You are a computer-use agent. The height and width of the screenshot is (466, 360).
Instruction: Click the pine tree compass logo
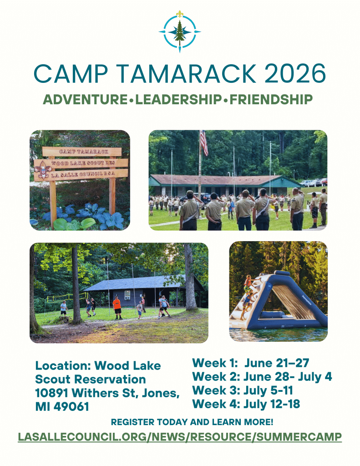click(180, 31)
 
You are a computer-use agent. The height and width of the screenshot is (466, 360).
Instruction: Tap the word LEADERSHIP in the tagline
click(178, 100)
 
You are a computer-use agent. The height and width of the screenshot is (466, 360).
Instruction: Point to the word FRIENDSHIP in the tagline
click(271, 100)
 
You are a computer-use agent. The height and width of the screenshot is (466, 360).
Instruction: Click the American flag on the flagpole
click(204, 143)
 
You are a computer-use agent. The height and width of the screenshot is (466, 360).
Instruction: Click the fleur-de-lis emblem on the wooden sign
click(43, 170)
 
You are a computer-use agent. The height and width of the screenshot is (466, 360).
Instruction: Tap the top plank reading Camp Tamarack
click(82, 152)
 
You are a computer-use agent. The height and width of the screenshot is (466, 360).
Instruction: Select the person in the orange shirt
click(117, 308)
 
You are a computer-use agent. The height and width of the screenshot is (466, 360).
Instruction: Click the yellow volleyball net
click(66, 297)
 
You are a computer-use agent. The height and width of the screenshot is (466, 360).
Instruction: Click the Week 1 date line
click(251, 363)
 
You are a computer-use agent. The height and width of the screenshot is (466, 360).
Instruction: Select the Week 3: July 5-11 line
click(243, 390)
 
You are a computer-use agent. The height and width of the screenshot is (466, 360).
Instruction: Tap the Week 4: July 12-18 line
click(246, 404)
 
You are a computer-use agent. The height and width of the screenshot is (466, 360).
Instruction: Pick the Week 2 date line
click(262, 376)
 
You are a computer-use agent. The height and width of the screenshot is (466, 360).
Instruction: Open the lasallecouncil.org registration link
click(180, 437)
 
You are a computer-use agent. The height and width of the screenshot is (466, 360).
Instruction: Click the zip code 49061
click(71, 406)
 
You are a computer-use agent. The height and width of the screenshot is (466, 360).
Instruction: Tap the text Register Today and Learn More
click(192, 422)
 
